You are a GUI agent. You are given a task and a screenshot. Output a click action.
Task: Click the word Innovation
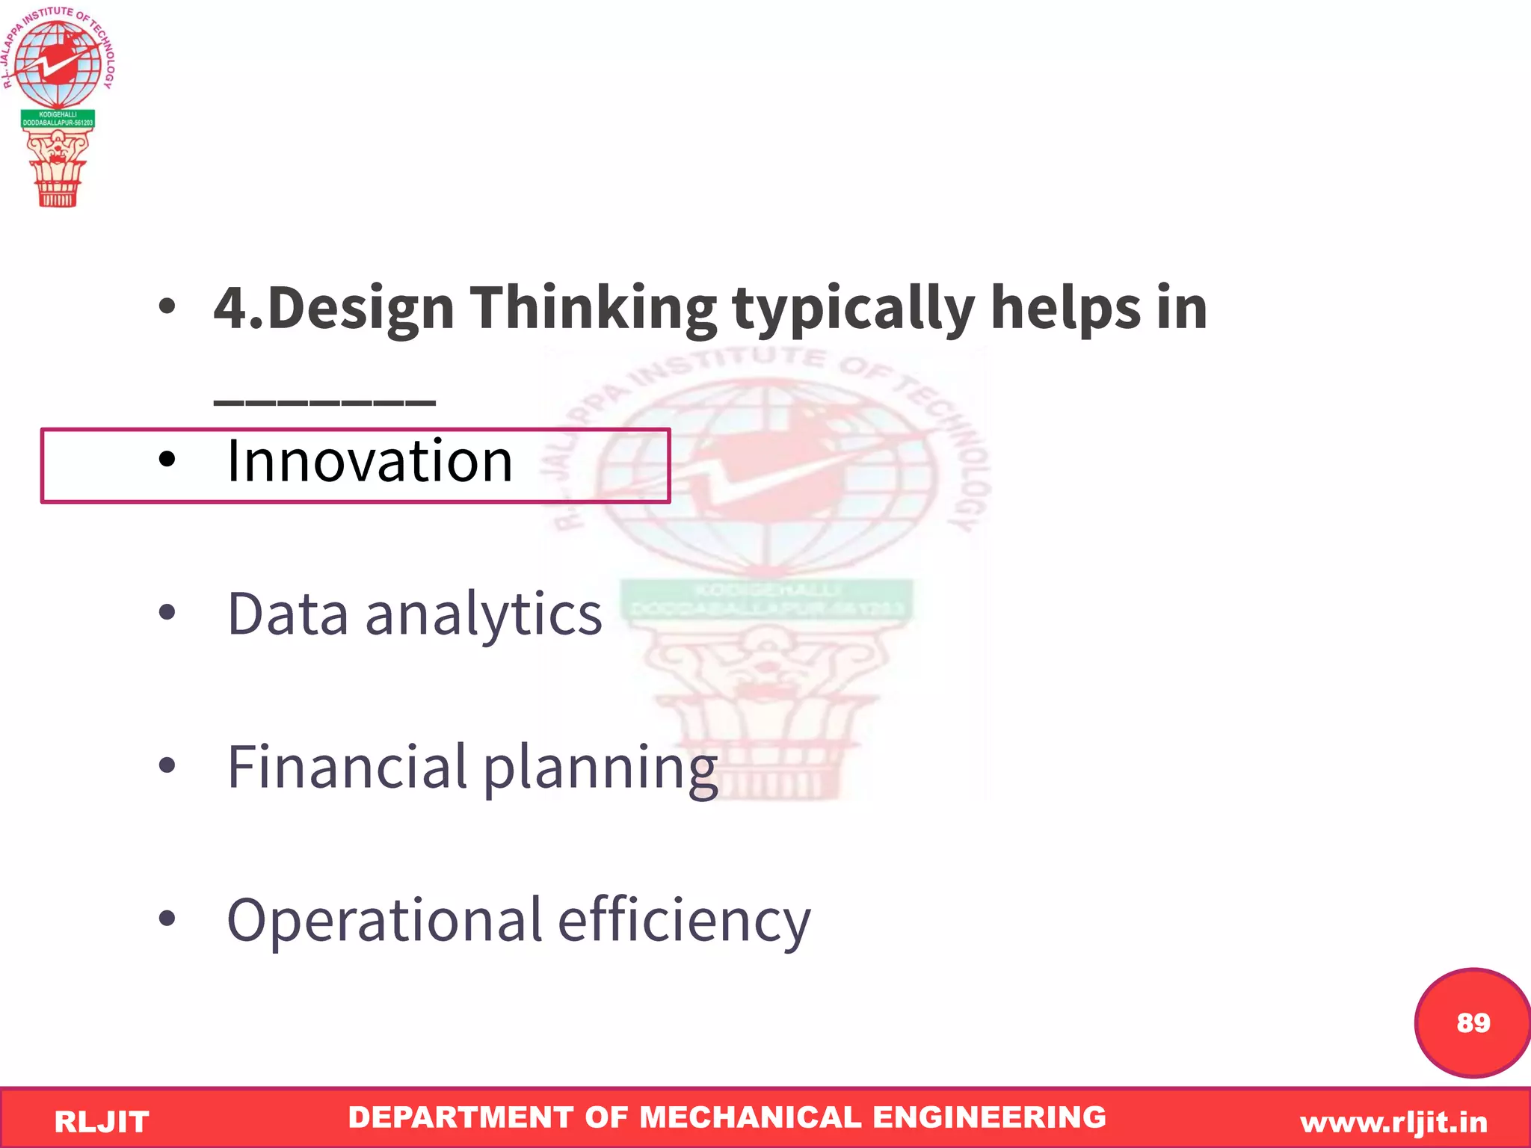(370, 461)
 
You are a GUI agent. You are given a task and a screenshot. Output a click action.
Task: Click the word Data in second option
(288, 614)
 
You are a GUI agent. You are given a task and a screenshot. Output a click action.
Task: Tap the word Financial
(347, 768)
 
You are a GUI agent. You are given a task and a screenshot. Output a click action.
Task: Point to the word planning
(600, 770)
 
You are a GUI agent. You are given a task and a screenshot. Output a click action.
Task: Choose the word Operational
(384, 921)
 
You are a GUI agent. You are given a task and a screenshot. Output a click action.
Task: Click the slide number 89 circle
(1471, 1022)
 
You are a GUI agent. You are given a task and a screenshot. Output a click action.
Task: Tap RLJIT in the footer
(102, 1122)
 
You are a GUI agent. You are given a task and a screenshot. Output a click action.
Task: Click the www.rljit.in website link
(1393, 1122)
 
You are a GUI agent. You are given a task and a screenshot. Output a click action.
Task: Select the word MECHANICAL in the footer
(751, 1117)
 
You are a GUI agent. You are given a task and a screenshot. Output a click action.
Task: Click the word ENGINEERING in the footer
(989, 1117)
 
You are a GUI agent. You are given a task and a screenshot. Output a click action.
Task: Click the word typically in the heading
(853, 309)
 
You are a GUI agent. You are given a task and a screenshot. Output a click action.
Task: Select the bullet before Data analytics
(167, 612)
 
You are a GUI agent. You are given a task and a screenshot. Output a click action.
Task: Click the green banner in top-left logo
(58, 119)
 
